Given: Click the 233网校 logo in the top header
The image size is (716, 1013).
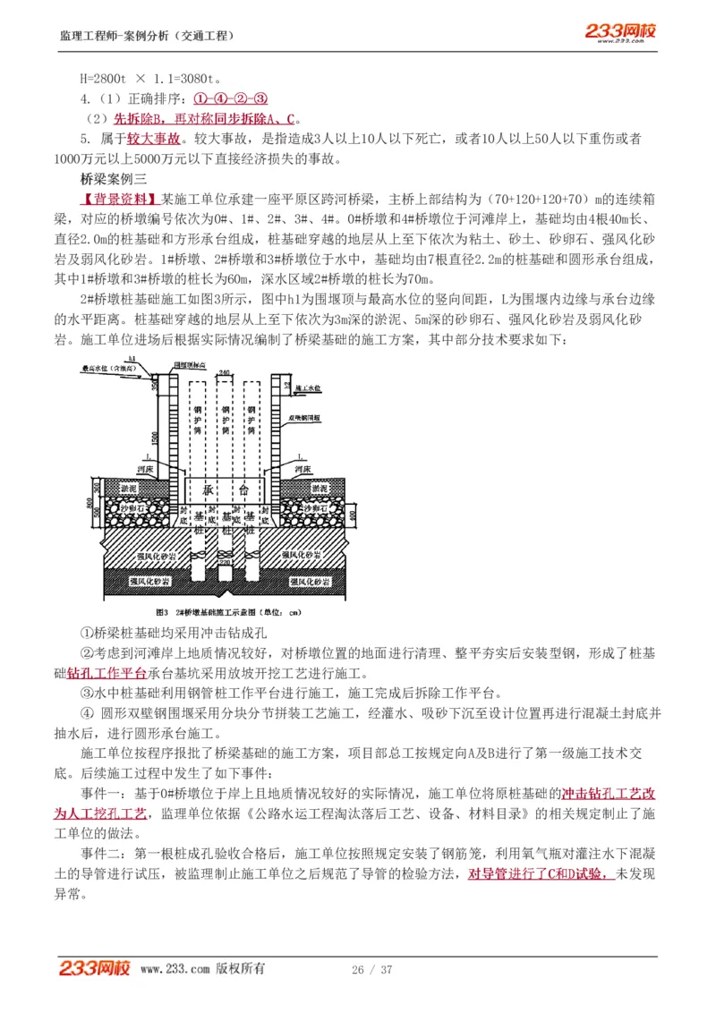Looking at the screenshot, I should tap(620, 32).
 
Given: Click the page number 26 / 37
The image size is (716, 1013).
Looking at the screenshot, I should tap(372, 970).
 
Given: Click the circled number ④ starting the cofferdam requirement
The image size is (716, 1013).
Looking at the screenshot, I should tap(87, 713).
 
